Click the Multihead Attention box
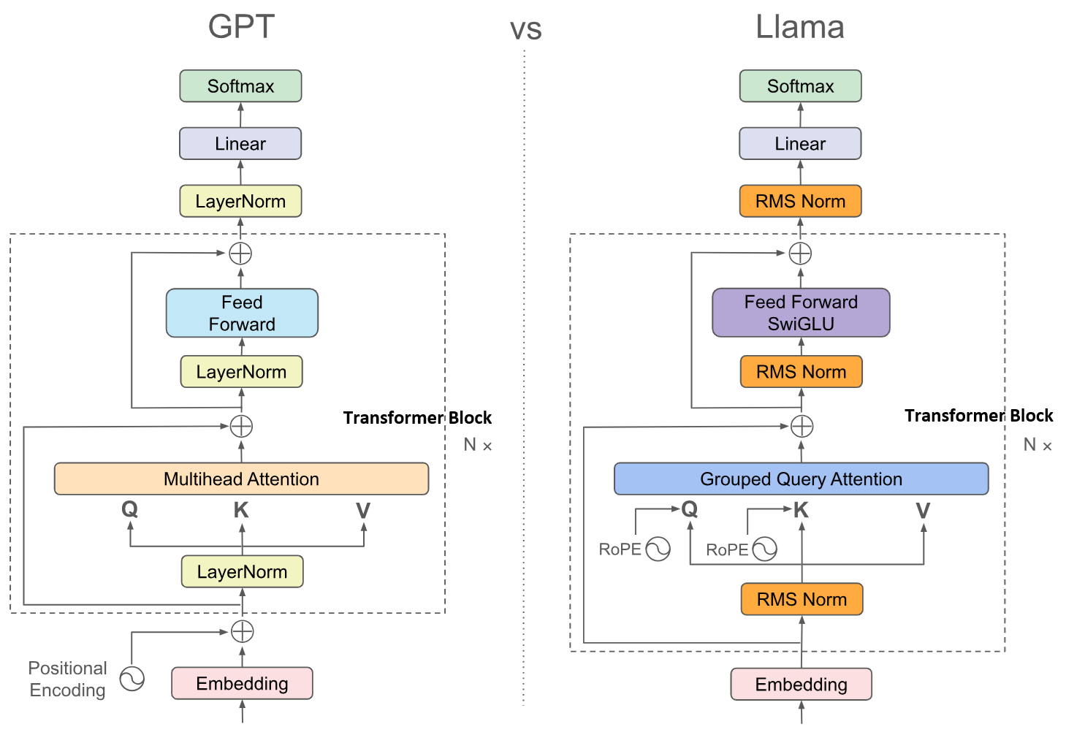click(x=241, y=479)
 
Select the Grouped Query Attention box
click(x=801, y=479)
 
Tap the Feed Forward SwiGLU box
click(x=801, y=313)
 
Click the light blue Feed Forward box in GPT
click(x=242, y=313)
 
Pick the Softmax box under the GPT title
click(x=240, y=86)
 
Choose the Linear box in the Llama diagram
click(x=800, y=143)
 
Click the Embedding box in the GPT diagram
click(x=242, y=683)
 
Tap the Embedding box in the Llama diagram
click(x=801, y=684)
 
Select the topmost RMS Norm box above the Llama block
click(x=800, y=201)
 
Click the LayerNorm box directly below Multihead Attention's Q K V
click(x=242, y=571)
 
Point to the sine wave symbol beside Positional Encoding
click(x=132, y=679)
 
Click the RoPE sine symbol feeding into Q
click(x=658, y=549)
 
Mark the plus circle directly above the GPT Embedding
click(x=242, y=631)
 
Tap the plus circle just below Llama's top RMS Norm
click(x=800, y=254)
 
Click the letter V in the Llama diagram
click(x=923, y=510)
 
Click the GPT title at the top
click(x=241, y=27)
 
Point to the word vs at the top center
click(x=525, y=30)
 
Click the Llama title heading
click(x=800, y=27)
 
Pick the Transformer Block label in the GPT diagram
click(x=417, y=418)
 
